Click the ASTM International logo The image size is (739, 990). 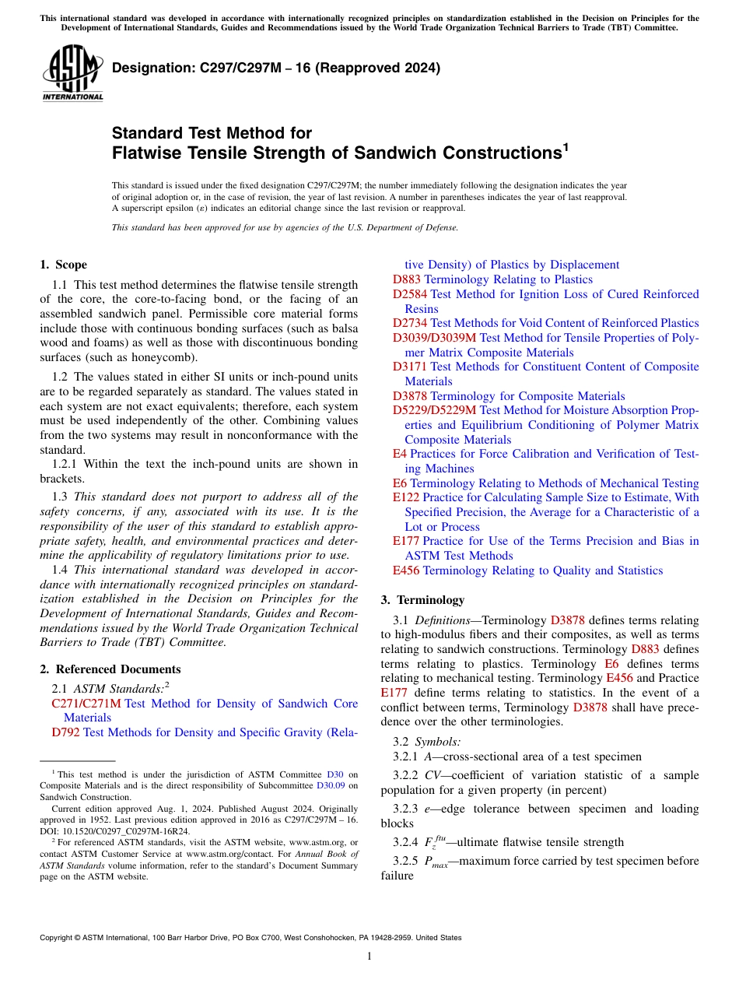[72, 73]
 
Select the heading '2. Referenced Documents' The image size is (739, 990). [110, 669]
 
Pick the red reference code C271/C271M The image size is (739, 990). [86, 704]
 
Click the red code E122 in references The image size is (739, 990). [405, 497]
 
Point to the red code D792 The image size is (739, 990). [65, 732]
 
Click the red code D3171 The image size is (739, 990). [410, 367]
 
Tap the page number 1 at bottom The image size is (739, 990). [369, 957]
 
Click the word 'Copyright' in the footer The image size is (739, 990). [58, 938]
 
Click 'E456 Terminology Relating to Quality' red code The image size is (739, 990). [406, 570]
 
